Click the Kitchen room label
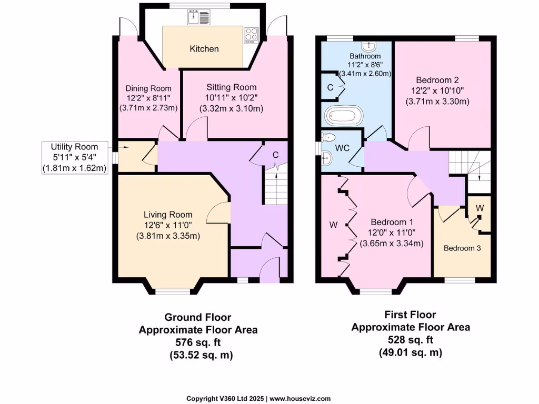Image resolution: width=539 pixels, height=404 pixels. click(204, 49)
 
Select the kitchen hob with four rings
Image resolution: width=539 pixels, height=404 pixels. click(251, 35)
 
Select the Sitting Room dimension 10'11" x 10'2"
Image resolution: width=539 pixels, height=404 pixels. click(231, 98)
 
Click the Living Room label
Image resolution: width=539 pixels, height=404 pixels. click(168, 215)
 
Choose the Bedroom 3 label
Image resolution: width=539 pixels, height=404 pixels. click(462, 248)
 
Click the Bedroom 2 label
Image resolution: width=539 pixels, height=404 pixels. click(437, 80)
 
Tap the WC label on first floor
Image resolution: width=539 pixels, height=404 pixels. click(343, 148)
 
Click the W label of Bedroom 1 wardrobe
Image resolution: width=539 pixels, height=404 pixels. click(333, 225)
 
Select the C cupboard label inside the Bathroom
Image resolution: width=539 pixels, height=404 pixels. click(330, 87)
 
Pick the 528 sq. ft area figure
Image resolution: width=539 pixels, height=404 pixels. click(410, 340)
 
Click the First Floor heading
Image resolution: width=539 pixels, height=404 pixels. click(410, 315)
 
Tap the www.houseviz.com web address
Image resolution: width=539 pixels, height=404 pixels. click(301, 398)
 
